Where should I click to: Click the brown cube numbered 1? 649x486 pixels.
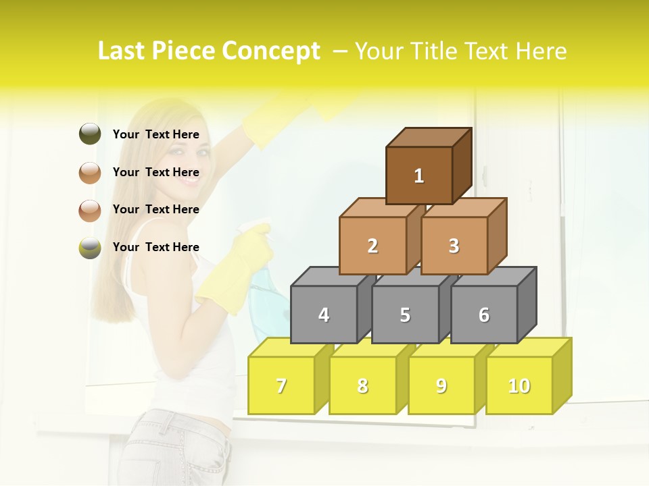(x=419, y=175)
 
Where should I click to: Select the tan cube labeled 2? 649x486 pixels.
(x=372, y=246)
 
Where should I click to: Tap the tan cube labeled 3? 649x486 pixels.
(x=454, y=246)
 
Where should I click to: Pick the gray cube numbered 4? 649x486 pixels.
(x=324, y=315)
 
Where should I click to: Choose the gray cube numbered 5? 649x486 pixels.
(x=405, y=315)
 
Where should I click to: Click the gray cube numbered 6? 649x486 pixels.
(x=484, y=315)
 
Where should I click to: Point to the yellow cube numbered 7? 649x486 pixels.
(x=281, y=385)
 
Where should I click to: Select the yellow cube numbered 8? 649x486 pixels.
(x=362, y=385)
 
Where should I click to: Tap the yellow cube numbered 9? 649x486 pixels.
(x=441, y=385)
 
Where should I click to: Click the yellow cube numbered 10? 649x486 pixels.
(x=519, y=385)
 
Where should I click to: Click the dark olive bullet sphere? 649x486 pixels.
(x=90, y=134)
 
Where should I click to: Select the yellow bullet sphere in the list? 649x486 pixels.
(x=90, y=248)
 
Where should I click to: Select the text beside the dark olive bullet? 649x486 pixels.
(x=156, y=134)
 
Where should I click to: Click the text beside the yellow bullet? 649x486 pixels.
(x=156, y=247)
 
